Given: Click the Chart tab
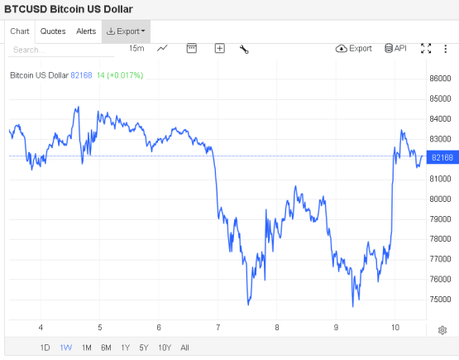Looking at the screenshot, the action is click(x=20, y=31).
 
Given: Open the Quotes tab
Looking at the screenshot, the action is click(x=53, y=31).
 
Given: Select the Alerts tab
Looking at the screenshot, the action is click(x=86, y=31).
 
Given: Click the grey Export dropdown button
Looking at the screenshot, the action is click(x=126, y=31).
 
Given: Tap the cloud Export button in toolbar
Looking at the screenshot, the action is click(x=354, y=49).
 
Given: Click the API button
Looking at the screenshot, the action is click(x=395, y=48).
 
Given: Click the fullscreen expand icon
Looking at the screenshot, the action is click(x=426, y=49).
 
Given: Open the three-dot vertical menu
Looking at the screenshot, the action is click(x=445, y=49).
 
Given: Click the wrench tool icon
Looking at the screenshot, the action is click(x=244, y=49).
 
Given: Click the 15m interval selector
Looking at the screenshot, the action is click(x=136, y=48).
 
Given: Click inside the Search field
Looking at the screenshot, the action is click(x=61, y=50).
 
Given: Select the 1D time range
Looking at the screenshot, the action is click(x=45, y=348).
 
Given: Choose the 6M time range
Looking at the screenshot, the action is click(x=106, y=348).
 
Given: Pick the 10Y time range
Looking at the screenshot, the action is click(x=165, y=348).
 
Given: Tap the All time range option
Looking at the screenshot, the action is click(x=184, y=348).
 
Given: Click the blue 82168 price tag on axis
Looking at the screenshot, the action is click(x=442, y=157).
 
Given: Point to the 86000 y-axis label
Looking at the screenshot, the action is click(x=440, y=79).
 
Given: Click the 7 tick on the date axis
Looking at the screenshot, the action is click(x=218, y=328).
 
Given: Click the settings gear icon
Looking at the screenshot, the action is click(x=442, y=330).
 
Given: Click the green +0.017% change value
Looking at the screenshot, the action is click(x=125, y=75).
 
